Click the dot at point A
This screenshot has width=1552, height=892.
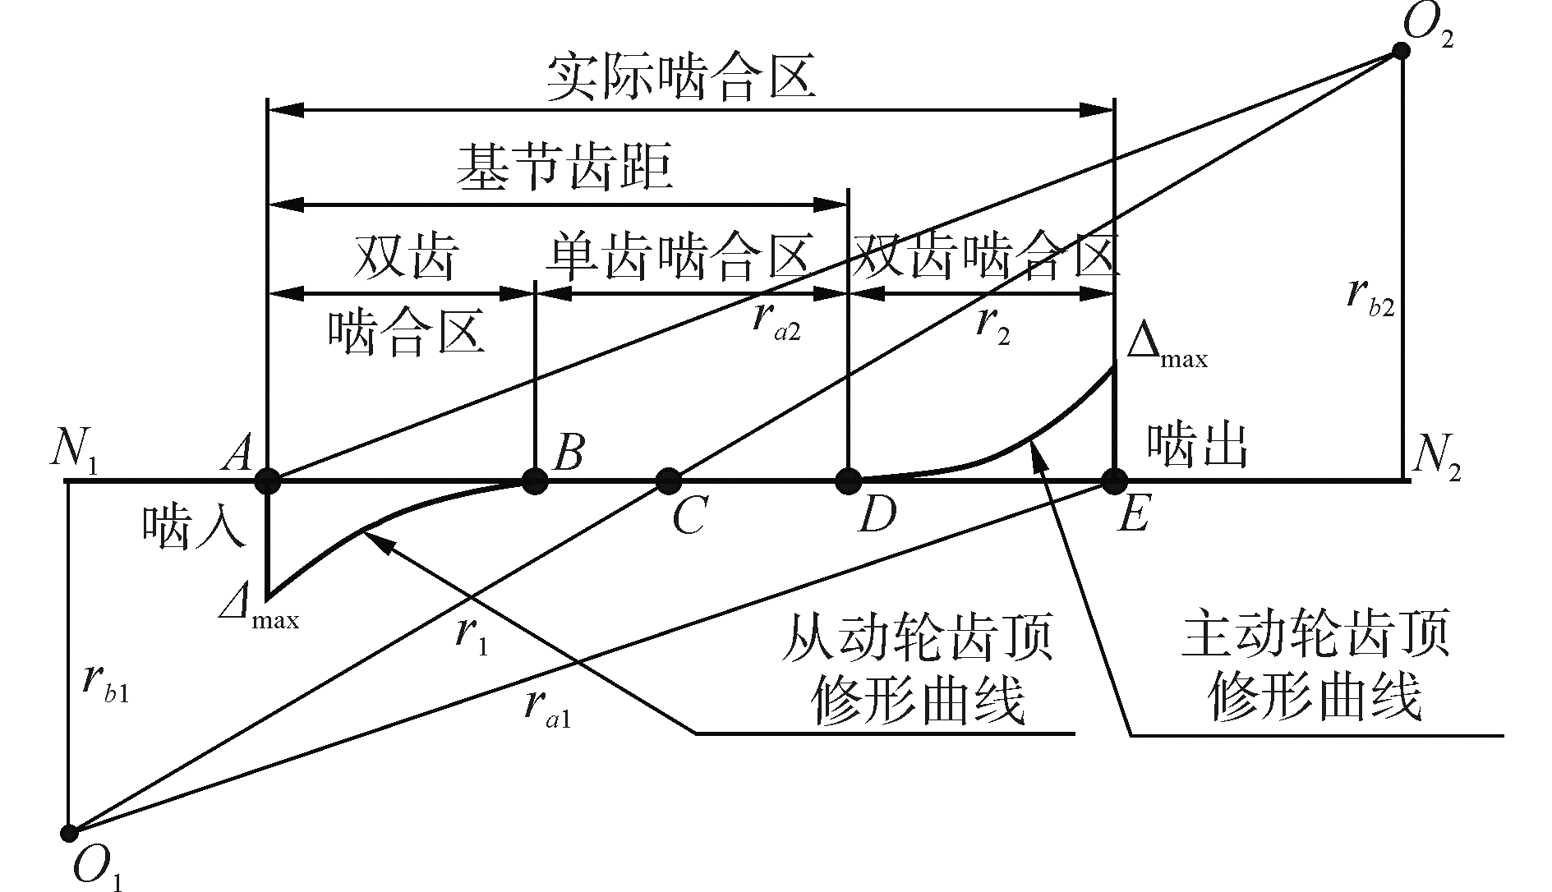click(268, 480)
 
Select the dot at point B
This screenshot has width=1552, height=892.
click(535, 480)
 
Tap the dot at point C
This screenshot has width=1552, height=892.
click(669, 480)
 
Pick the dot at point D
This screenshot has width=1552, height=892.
click(848, 480)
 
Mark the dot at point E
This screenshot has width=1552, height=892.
click(1114, 480)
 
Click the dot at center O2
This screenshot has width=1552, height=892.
click(1401, 51)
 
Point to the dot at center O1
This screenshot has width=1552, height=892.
click(70, 832)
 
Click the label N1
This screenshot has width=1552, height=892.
click(76, 453)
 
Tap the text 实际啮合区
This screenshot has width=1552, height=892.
click(681, 78)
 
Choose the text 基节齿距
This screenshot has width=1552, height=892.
click(566, 168)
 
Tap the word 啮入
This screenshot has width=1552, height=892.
click(193, 526)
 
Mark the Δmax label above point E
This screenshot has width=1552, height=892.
click(1167, 349)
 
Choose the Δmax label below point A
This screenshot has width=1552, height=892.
click(260, 609)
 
